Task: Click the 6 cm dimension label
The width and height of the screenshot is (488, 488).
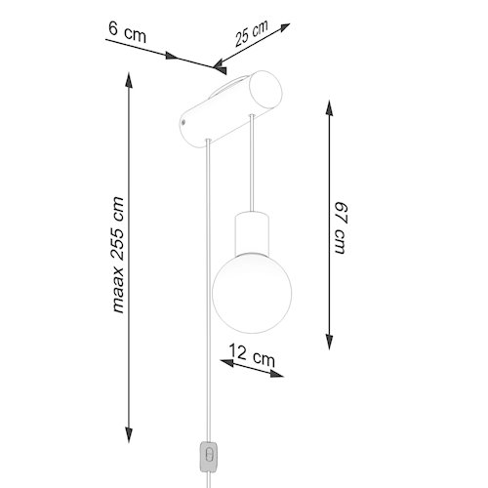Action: point(127,32)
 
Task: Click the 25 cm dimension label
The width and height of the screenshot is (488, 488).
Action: point(252,33)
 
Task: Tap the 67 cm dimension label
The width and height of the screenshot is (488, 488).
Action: point(342,227)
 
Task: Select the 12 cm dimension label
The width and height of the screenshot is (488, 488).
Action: point(252,355)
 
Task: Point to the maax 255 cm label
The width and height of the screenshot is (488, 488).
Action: point(118,255)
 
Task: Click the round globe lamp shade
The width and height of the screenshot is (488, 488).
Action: point(252,293)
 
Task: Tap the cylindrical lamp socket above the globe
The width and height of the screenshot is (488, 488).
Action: point(252,233)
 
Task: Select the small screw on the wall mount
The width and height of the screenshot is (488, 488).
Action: point(183,122)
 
